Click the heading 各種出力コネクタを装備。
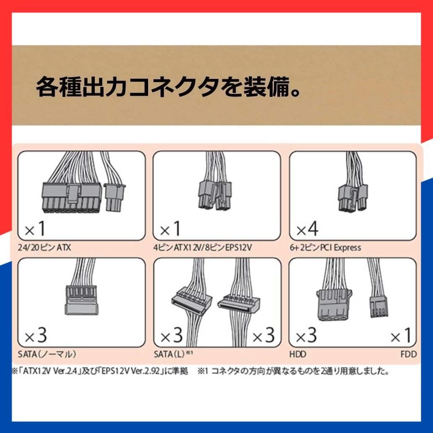[x=168, y=87]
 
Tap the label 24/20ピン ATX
[x=44, y=247]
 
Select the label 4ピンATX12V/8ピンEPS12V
[x=202, y=247]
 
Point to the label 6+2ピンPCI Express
[x=325, y=247]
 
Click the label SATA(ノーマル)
[x=47, y=354]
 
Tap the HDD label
[x=298, y=354]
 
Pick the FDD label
[x=409, y=354]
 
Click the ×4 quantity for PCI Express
[x=307, y=229]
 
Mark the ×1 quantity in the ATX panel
[x=35, y=229]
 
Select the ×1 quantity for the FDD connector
[x=401, y=335]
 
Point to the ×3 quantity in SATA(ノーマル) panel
[x=36, y=335]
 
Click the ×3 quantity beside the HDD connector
[x=306, y=335]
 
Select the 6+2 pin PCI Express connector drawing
[x=353, y=198]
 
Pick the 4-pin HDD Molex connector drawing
[x=334, y=305]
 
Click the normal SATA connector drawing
[x=81, y=300]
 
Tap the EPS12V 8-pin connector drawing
[x=215, y=195]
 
